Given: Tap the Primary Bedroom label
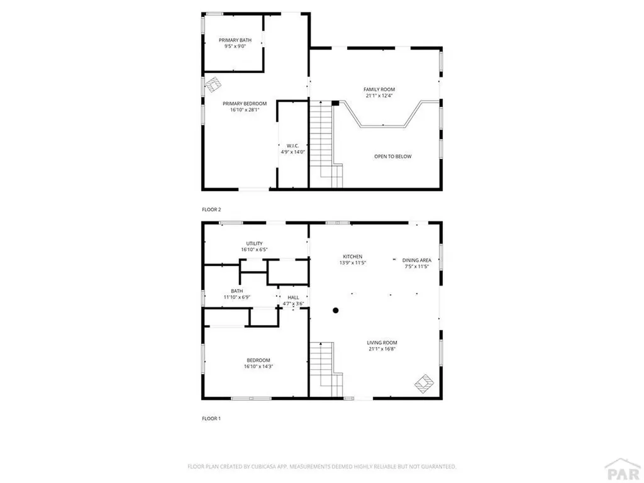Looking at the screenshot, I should point(245,104).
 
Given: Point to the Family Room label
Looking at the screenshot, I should point(379,89).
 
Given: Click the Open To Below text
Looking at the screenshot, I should point(393,157).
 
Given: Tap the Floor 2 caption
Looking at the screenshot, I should point(211,209).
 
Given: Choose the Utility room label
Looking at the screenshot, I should point(254,243).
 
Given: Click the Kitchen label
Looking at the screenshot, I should point(352,257).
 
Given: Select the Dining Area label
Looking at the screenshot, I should point(416,260).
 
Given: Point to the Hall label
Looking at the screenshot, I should point(293,297).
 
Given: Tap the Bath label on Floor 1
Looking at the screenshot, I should point(237,291).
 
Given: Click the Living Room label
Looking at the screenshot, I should point(381,343).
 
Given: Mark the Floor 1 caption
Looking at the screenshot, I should point(211,418).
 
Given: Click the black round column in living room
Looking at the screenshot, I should point(336,310).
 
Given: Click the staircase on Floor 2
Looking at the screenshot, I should point(322,142).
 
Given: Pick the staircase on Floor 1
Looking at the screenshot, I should point(323,368).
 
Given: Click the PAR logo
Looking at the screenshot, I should point(619,470).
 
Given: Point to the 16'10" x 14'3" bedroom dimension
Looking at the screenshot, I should point(257,367).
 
